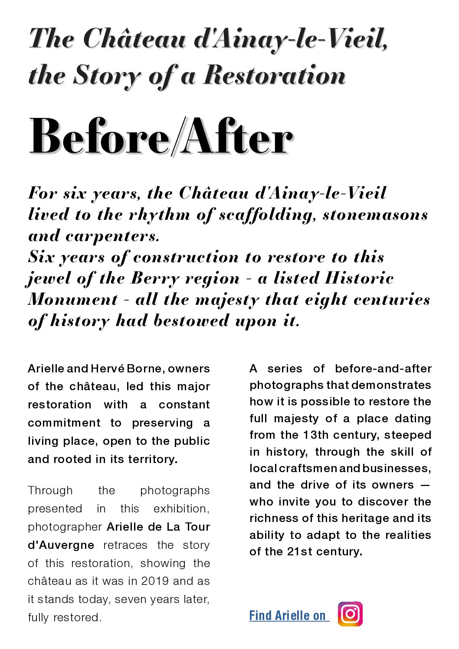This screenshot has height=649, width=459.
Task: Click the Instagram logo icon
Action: (350, 614)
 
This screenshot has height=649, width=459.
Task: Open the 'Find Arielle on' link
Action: (287, 616)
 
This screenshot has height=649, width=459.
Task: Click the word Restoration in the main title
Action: (275, 75)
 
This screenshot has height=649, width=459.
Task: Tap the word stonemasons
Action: (375, 215)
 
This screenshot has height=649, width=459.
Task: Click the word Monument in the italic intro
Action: (73, 300)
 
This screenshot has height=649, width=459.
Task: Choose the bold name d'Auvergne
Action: (61, 545)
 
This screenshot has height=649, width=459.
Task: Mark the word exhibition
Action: (181, 509)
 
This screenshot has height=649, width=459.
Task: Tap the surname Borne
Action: (145, 369)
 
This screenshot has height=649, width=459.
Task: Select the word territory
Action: (152, 459)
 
